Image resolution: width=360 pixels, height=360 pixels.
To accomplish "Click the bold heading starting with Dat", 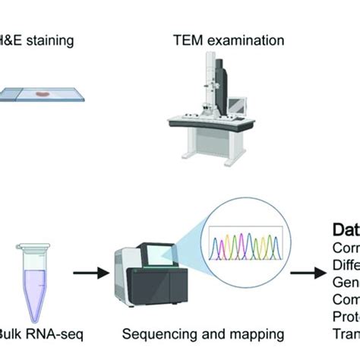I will click(346, 229).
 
